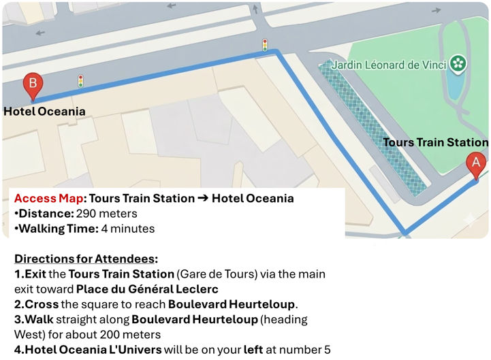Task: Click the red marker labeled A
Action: coord(475,164)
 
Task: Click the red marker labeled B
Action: coord(32,86)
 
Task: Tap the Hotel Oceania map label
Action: coord(45,112)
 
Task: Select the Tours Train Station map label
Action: coord(435,142)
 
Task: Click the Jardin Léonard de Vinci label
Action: coord(389,65)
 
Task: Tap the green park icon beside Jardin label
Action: coord(458,64)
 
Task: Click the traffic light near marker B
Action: coord(81,80)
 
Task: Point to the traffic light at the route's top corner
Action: coord(265,45)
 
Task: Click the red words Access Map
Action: coord(48,199)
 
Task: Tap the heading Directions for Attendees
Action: coord(86,259)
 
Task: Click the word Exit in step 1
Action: coord(35,274)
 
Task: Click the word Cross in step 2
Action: coord(42,304)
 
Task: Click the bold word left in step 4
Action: coord(254,350)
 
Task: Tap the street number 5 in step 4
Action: coord(328,350)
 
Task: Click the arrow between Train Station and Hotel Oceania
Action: coord(203,199)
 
